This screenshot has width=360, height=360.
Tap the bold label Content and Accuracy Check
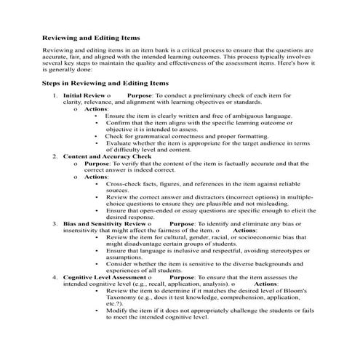coord(107,156)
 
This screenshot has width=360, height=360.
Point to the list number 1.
coord(56,95)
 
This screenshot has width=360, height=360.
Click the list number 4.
coord(56,277)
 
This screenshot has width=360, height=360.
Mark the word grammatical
coord(146,136)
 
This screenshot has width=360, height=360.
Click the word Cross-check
coord(124,183)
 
